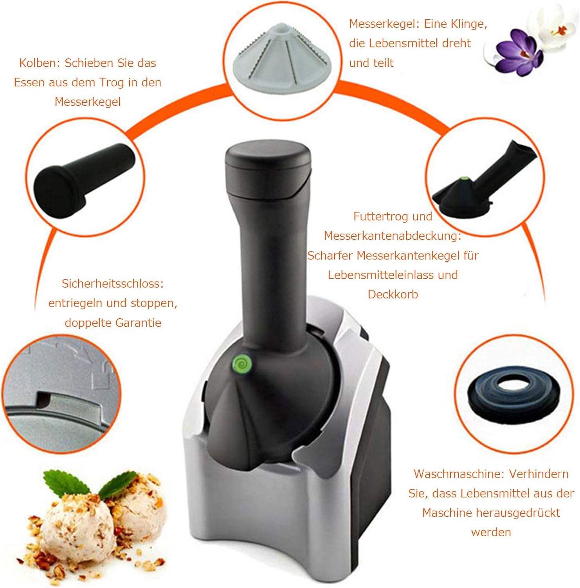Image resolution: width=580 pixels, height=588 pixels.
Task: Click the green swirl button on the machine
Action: tap(241, 364)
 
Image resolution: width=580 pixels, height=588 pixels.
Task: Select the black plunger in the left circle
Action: tap(84, 180)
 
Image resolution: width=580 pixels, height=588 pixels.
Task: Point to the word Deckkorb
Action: tap(393, 294)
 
